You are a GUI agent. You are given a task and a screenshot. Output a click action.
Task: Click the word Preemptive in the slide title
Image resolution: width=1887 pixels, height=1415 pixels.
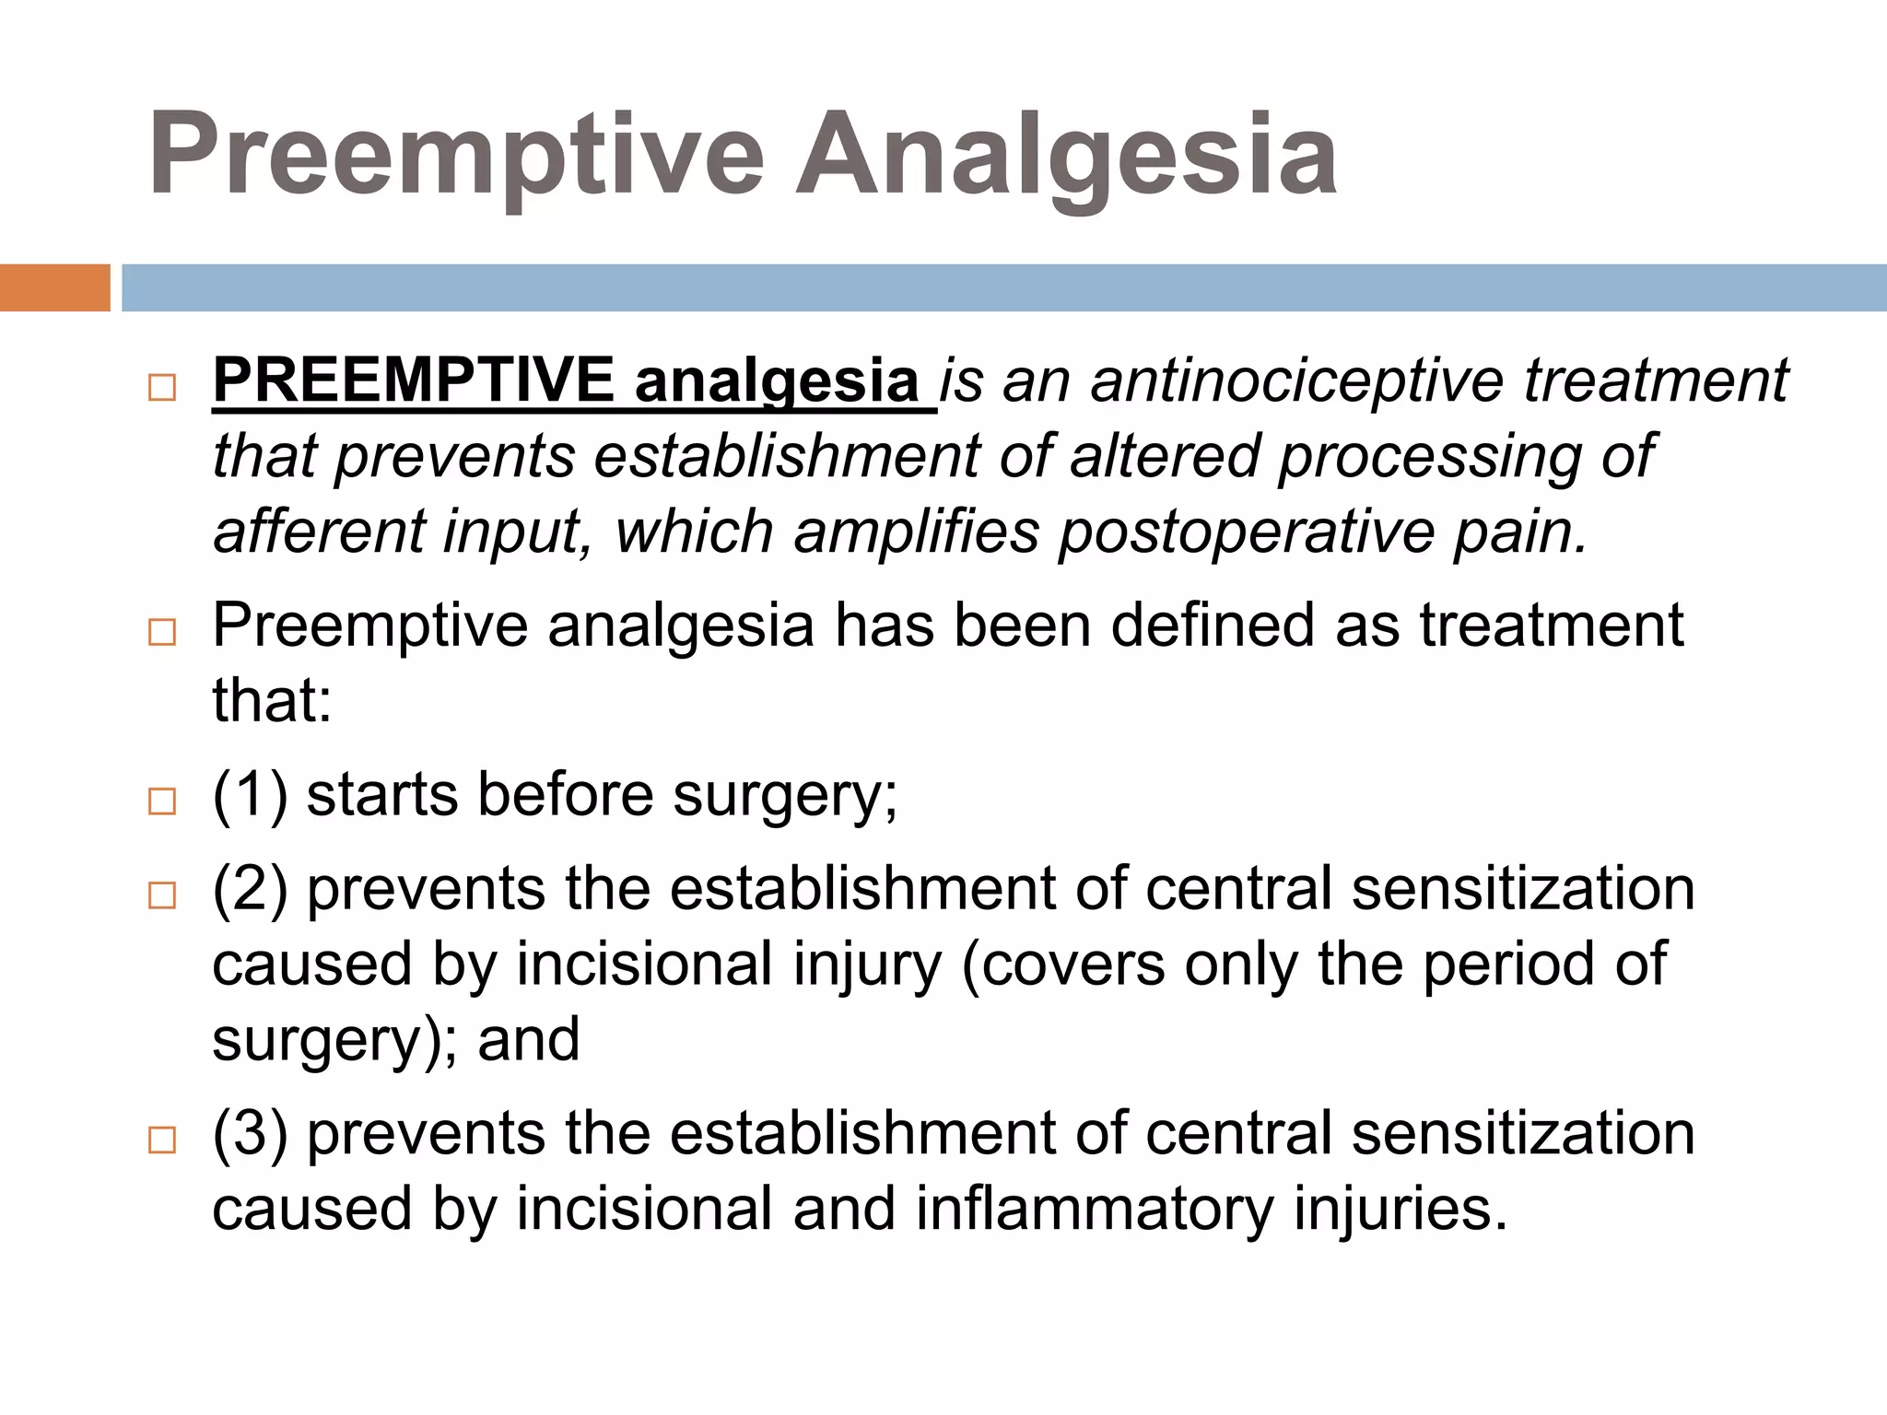(456, 155)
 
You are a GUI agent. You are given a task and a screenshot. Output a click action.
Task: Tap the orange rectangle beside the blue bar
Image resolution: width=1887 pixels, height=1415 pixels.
(54, 287)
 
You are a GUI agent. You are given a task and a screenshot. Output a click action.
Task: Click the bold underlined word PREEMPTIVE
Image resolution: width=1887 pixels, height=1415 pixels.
(414, 380)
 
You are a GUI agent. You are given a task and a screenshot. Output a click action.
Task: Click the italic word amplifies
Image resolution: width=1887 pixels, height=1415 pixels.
(916, 532)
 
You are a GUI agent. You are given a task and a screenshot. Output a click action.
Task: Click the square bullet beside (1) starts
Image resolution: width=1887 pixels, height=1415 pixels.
(162, 801)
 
